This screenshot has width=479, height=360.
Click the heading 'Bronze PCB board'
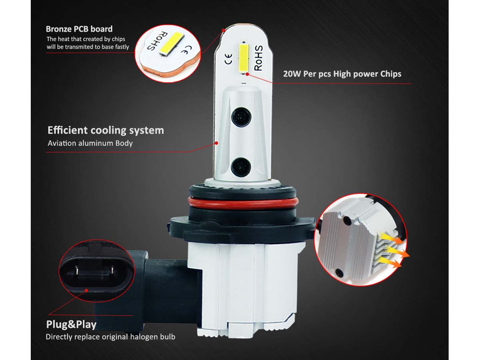[x=79, y=29]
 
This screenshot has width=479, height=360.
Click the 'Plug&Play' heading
[x=71, y=324]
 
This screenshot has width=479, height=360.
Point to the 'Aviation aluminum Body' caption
[x=90, y=143]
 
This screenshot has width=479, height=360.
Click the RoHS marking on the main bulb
[x=258, y=58]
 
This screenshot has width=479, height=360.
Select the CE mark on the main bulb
[x=229, y=59]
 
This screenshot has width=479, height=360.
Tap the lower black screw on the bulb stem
[x=241, y=168]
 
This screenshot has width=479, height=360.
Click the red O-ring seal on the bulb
[x=242, y=204]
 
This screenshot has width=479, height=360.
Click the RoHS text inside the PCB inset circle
[x=158, y=41]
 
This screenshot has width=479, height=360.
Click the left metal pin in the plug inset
[x=77, y=270]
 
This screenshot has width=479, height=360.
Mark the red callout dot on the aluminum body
[x=216, y=143]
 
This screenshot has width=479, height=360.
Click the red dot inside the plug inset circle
[x=86, y=291]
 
